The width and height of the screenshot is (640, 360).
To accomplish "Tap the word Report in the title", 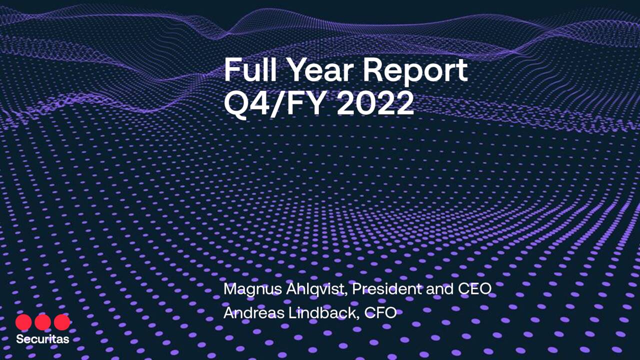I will [x=415, y=71].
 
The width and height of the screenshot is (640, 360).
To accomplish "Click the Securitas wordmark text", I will [x=42, y=339].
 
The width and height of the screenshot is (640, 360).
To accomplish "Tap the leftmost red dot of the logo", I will [x=23, y=322].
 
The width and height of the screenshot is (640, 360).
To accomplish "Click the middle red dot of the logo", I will [x=42, y=322].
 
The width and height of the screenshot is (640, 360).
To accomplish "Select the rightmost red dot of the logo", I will [x=62, y=322].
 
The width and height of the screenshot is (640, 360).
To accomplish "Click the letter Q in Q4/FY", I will [x=236, y=103].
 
